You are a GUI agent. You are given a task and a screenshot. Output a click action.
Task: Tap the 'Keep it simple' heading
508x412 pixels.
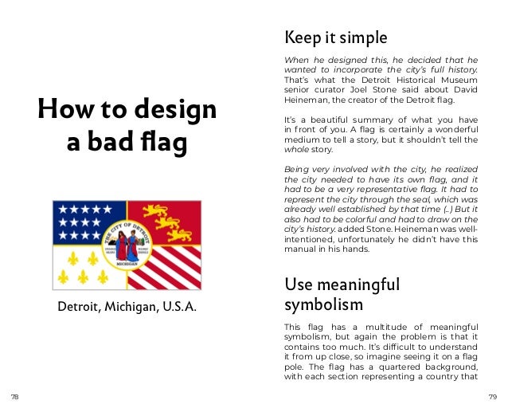[335, 37]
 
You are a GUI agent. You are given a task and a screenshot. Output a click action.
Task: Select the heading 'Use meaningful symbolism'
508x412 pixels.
[342, 295]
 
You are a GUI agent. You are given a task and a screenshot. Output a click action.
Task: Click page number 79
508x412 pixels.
[493, 396]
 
